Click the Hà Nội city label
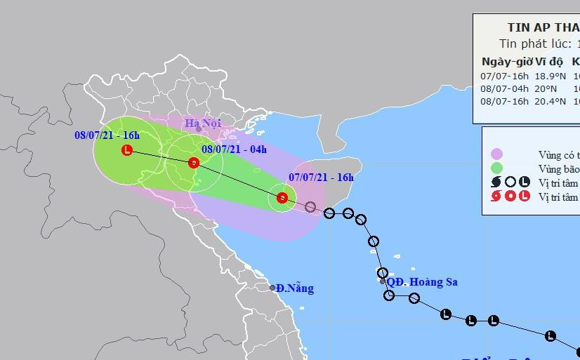[x=203, y=124]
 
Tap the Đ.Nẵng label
[x=295, y=288]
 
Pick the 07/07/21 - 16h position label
[x=321, y=178]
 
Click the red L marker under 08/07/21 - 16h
[x=126, y=149]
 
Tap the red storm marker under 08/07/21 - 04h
[x=193, y=164]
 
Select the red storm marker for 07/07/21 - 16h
[x=282, y=198]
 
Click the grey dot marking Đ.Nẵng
[x=272, y=288]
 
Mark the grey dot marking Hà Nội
[x=199, y=129]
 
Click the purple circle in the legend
[x=497, y=154]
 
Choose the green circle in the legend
[x=497, y=168]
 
